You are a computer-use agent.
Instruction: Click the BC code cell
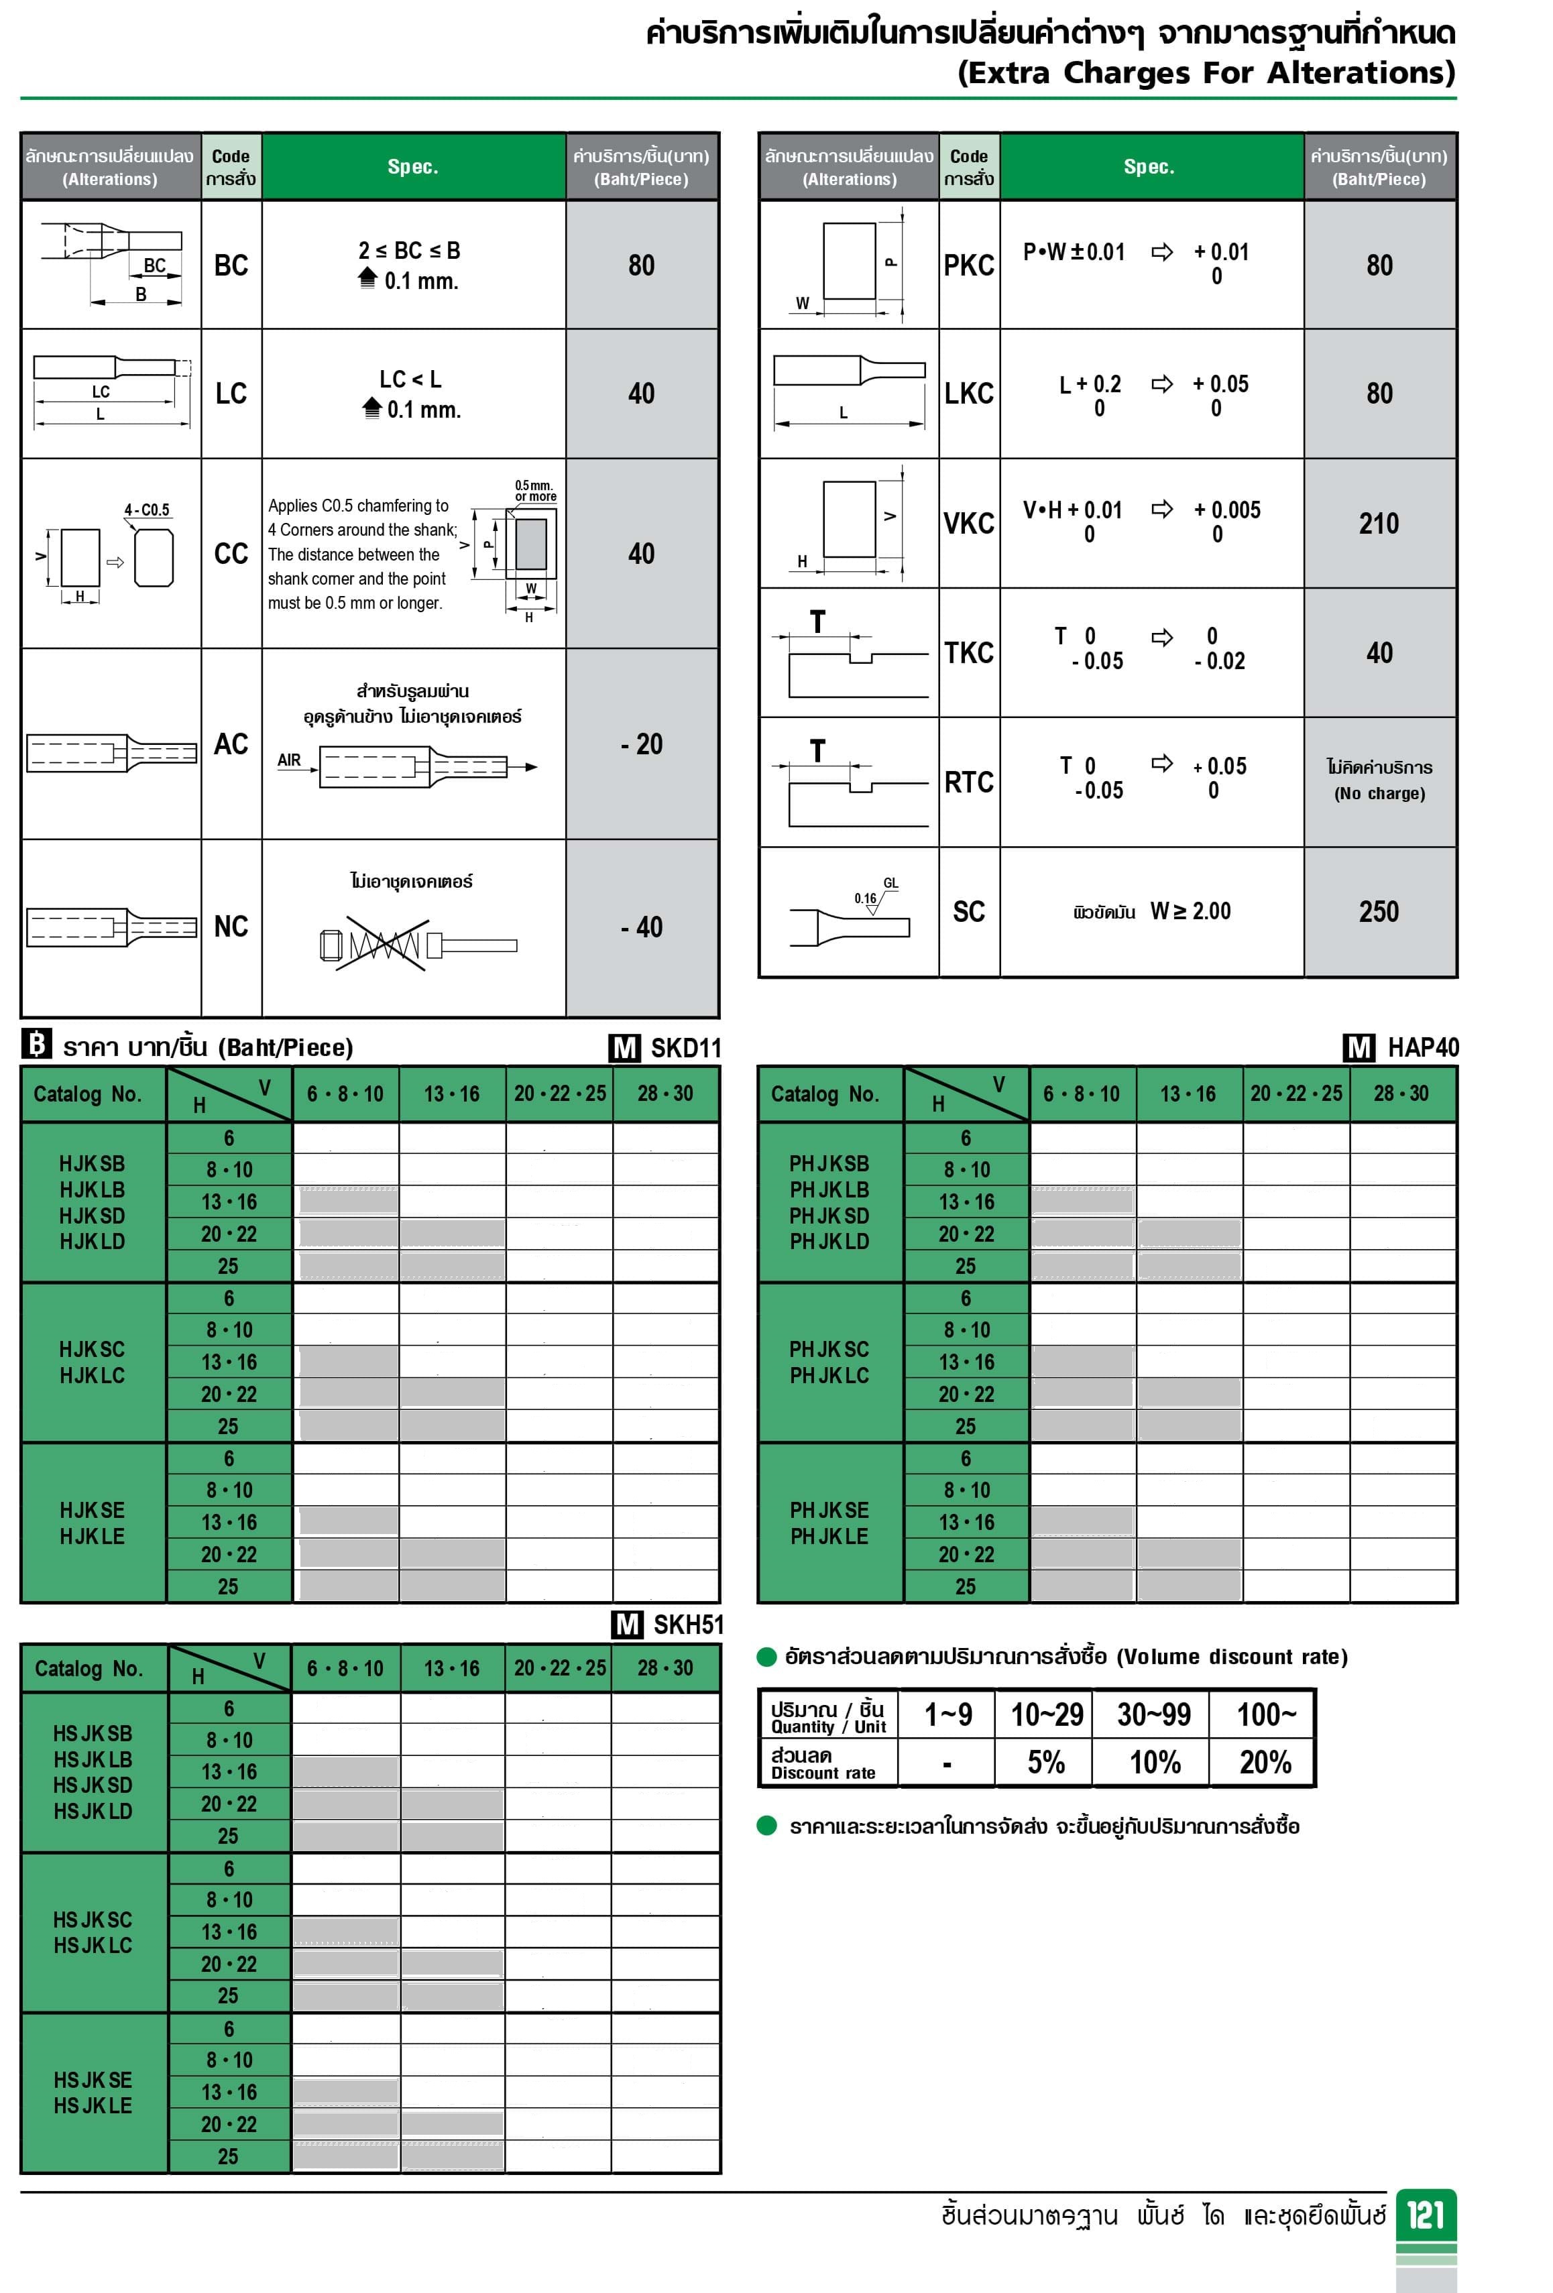(x=231, y=266)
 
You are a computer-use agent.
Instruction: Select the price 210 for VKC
(x=1379, y=524)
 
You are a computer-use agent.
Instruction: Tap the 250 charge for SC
(x=1379, y=912)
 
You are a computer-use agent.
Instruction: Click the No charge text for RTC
(x=1379, y=793)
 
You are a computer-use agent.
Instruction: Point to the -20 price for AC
(x=641, y=744)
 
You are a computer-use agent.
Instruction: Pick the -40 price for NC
(x=641, y=927)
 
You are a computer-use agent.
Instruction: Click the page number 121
(x=1426, y=2215)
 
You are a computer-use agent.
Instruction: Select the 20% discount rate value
(x=1265, y=1762)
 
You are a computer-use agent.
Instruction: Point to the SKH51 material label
(x=688, y=1624)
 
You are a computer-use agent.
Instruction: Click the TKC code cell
(x=969, y=653)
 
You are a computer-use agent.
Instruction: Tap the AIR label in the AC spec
(x=289, y=760)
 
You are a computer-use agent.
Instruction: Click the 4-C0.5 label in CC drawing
(x=147, y=510)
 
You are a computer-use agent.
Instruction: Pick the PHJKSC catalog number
(x=829, y=1349)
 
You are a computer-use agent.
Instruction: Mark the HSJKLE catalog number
(x=93, y=2105)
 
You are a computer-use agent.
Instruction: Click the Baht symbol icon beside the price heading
(x=36, y=1045)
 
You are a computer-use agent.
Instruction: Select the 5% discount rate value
(x=1046, y=1762)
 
